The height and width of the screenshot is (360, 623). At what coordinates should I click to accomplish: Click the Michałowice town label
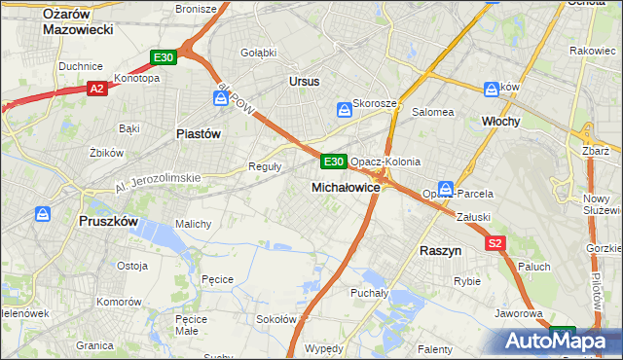[345, 186]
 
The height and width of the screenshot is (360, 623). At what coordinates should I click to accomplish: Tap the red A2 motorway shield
[96, 89]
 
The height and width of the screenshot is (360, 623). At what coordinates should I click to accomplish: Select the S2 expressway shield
[495, 244]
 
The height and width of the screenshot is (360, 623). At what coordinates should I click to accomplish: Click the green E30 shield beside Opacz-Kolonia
[333, 161]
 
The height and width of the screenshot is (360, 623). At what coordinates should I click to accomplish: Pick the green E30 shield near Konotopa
[164, 58]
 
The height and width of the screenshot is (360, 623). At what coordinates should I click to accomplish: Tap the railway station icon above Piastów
[222, 98]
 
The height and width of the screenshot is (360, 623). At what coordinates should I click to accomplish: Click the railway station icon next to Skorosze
[344, 110]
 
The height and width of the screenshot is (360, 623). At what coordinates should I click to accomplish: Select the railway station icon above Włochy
[492, 90]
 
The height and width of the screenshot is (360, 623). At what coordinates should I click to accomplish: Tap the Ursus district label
[304, 82]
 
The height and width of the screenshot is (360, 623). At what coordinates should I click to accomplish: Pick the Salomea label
[433, 112]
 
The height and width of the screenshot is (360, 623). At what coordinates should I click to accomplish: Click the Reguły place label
[266, 166]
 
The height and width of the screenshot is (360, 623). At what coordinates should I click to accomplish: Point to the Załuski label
[472, 218]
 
